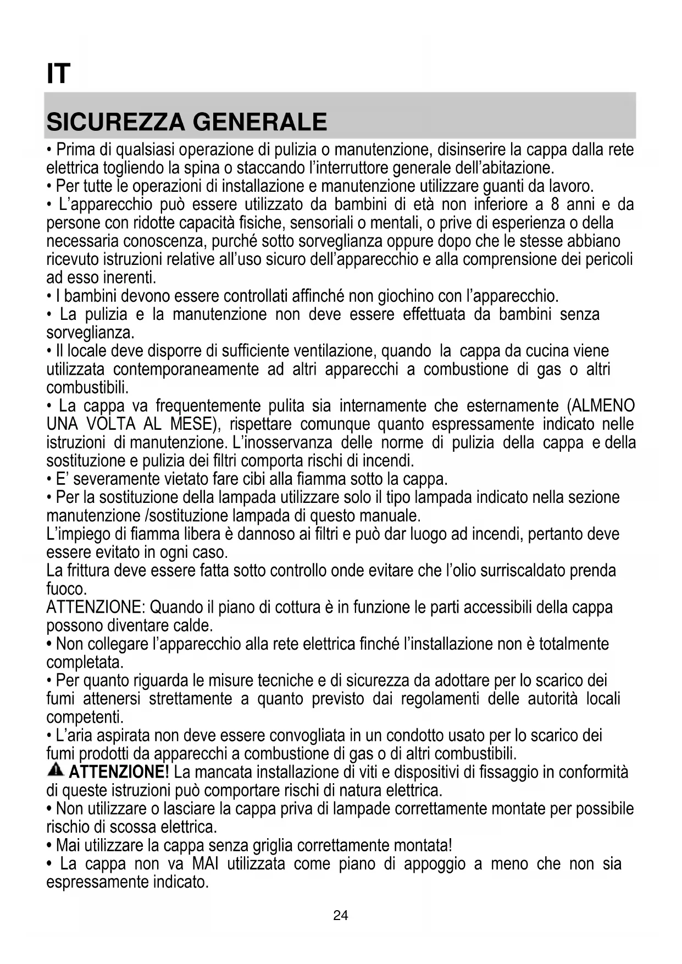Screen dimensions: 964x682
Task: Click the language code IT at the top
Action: tap(58, 74)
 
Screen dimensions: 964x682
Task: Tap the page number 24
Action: tap(341, 915)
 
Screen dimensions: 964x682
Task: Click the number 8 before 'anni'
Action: tap(555, 204)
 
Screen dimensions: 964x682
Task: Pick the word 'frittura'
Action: tap(88, 570)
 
